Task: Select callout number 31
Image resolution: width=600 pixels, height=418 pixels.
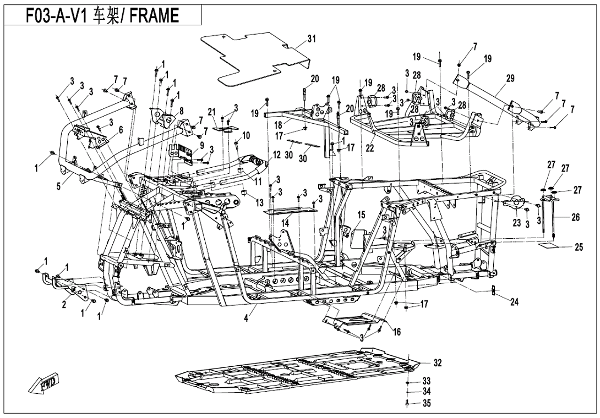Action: coord(312,38)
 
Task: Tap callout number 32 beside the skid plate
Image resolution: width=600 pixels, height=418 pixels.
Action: coord(437,363)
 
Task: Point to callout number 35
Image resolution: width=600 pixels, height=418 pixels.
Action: coord(427,403)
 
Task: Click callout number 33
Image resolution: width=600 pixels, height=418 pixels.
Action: coord(427,381)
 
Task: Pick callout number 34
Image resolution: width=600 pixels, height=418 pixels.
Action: coord(427,392)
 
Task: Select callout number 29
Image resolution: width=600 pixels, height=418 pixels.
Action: coord(510,79)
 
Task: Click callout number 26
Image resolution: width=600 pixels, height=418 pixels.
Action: coord(575,217)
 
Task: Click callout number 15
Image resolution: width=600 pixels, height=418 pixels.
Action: coord(361,214)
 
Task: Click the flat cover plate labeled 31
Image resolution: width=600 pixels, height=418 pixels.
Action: coord(253,58)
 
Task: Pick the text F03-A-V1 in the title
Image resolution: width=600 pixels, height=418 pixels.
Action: coord(53,16)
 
